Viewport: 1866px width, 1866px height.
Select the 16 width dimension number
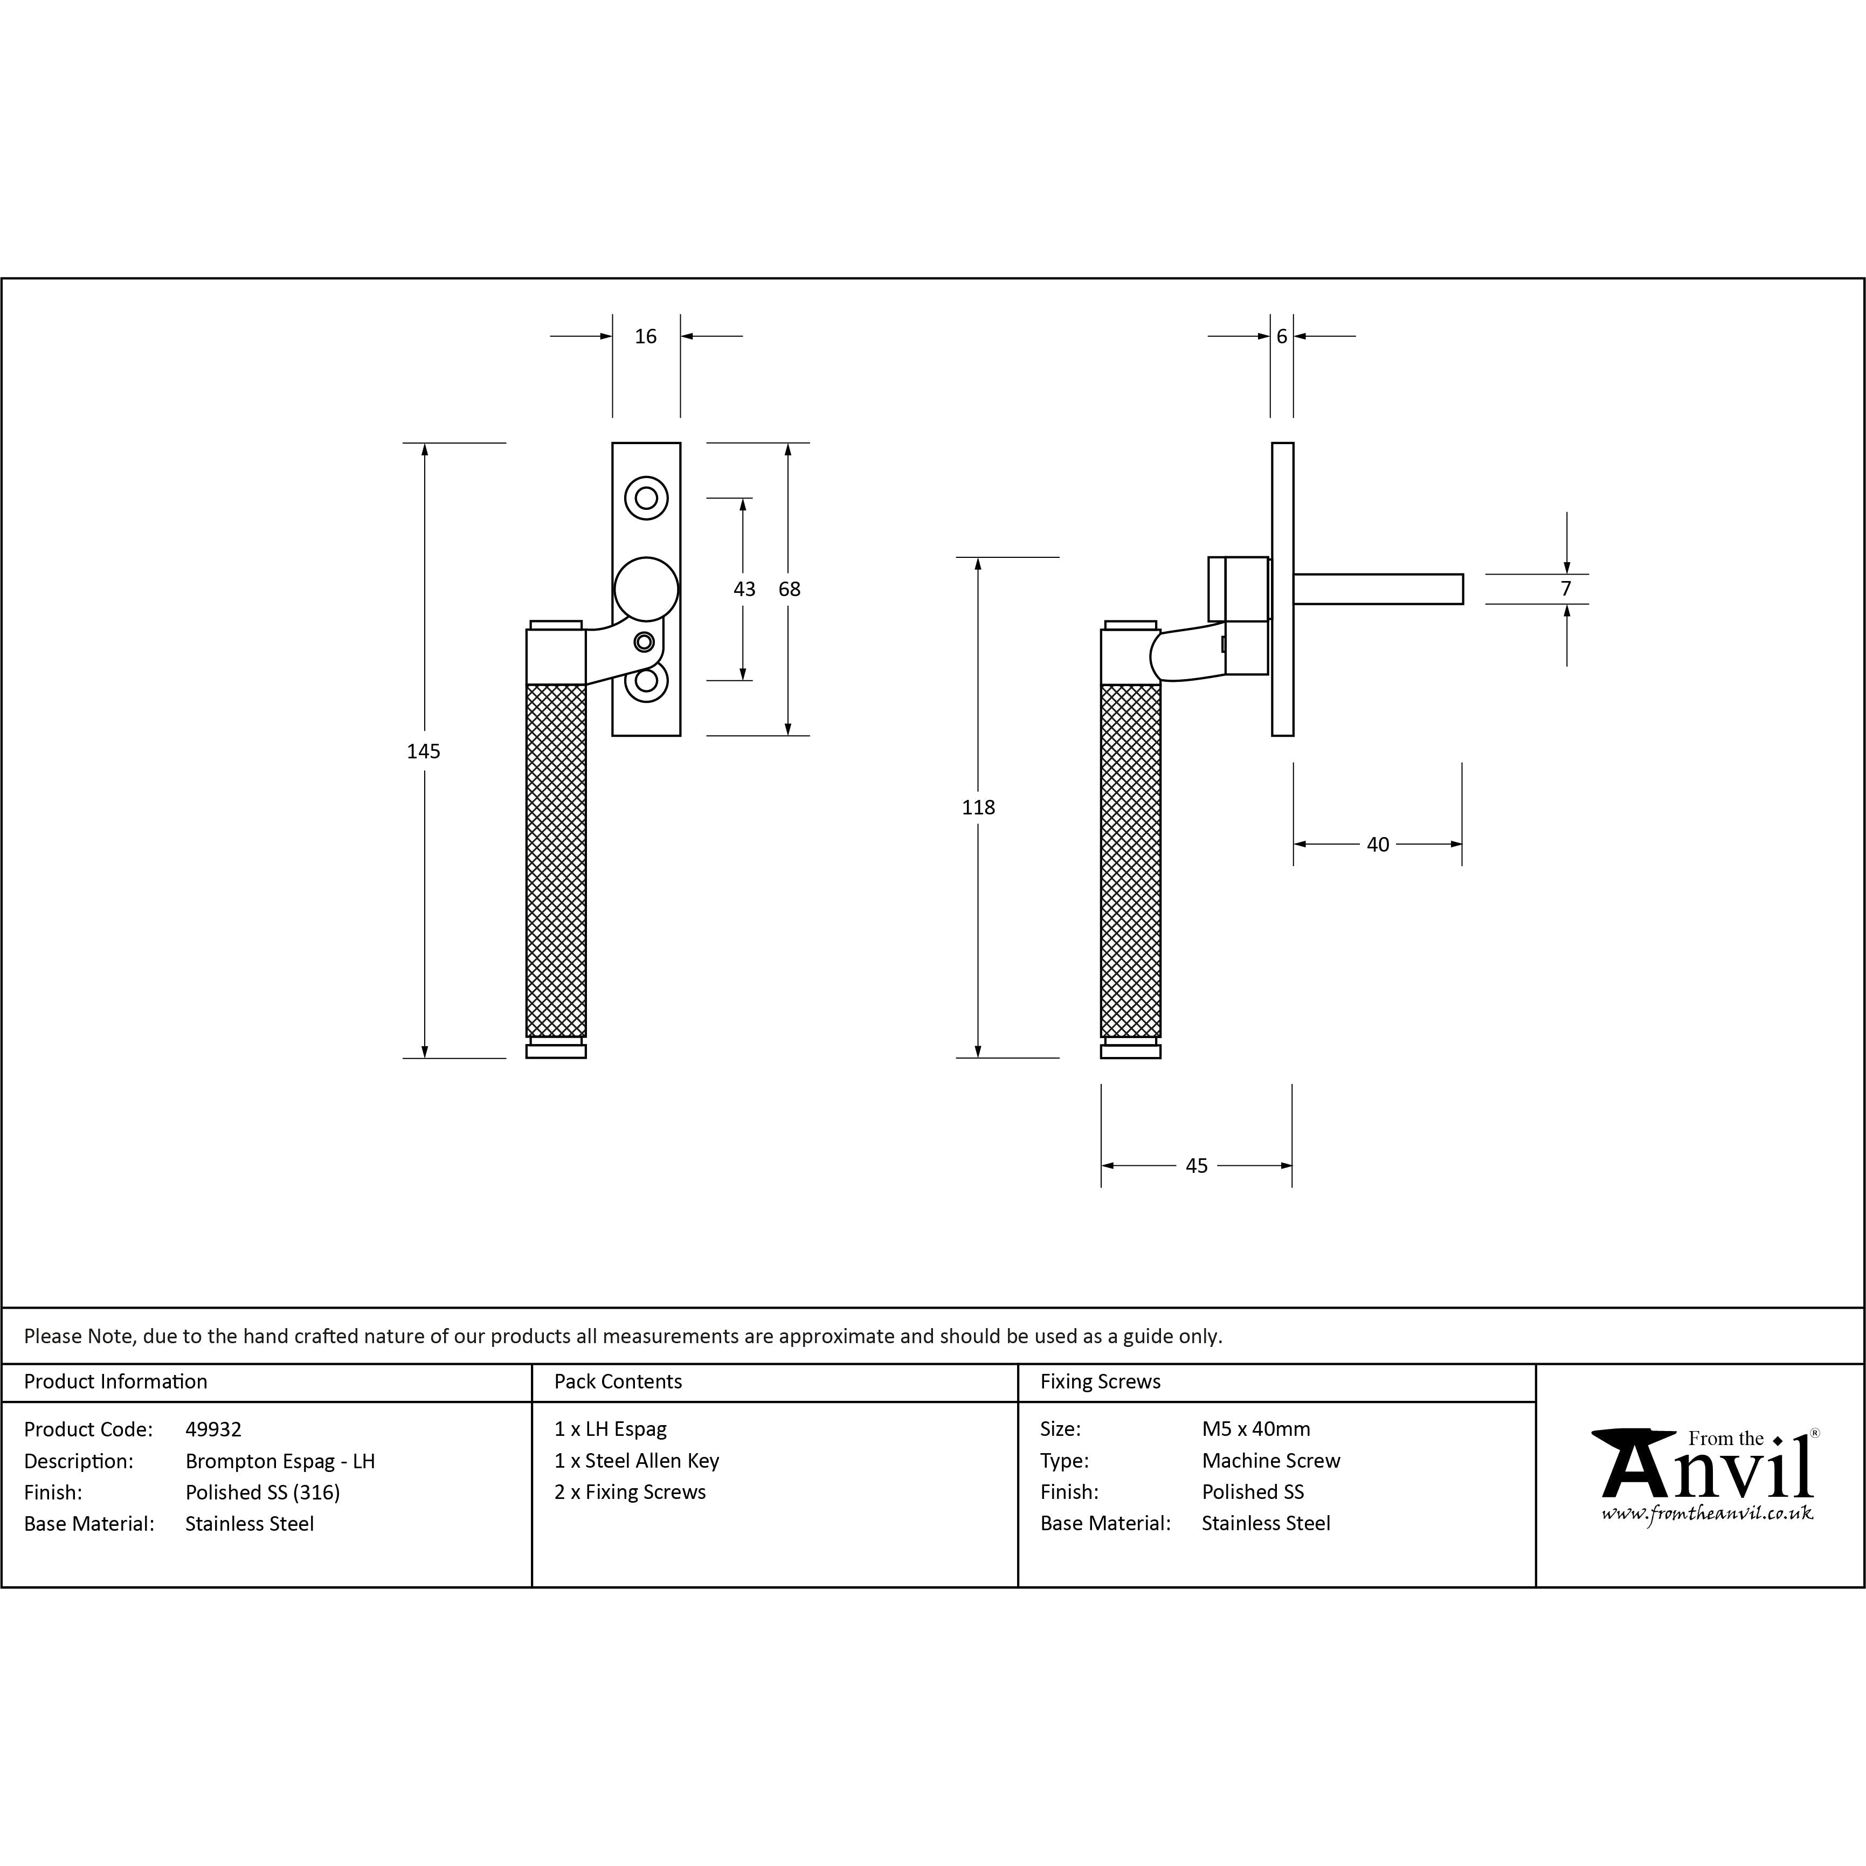pos(645,336)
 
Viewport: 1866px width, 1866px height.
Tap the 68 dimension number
pos(789,588)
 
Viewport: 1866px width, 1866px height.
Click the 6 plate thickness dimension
pos(1282,336)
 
